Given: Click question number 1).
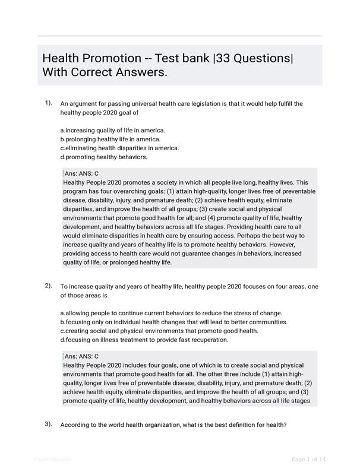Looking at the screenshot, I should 48,103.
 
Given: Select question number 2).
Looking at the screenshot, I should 48,286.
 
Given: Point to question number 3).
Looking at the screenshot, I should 48,424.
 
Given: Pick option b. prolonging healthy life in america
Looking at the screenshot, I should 110,139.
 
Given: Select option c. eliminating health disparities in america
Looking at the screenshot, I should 119,148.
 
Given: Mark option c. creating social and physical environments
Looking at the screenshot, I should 168,331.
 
